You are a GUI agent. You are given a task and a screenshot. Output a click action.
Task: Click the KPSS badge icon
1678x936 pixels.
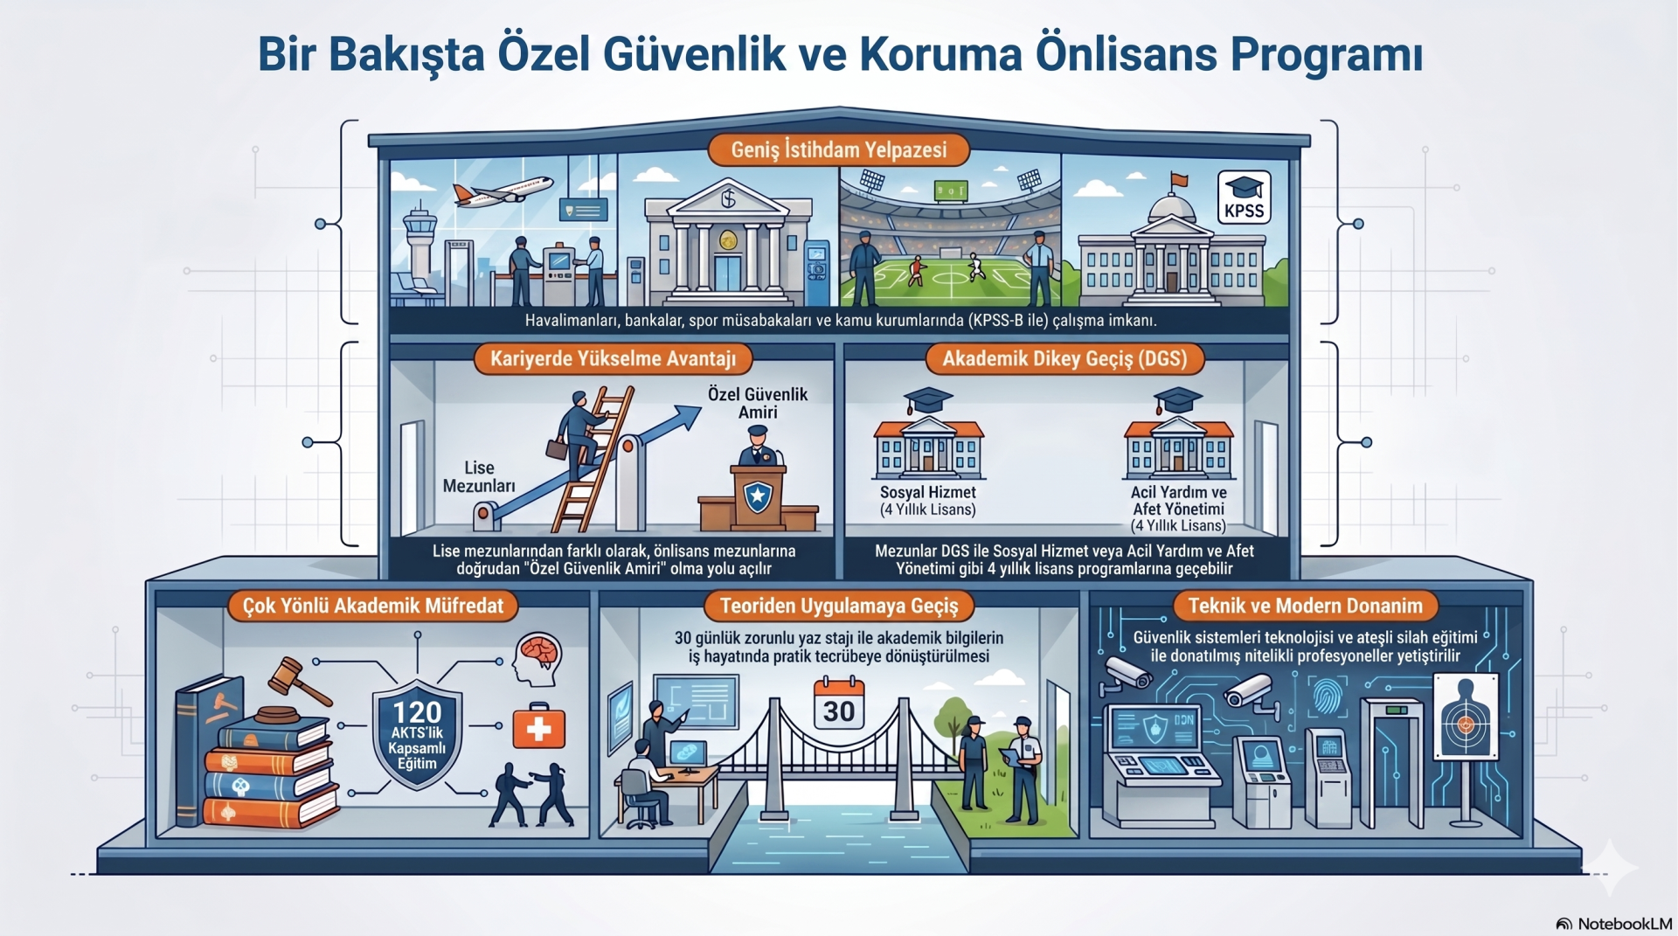(1244, 198)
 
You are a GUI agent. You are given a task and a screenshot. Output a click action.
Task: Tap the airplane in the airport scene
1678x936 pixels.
(503, 191)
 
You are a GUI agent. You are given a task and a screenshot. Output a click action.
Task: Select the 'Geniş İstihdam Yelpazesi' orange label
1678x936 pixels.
(839, 149)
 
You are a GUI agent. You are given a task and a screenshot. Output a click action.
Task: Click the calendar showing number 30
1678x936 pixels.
(839, 704)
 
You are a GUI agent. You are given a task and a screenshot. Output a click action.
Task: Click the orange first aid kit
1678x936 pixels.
(538, 726)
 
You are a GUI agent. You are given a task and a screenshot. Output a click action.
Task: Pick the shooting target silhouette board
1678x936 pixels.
(1466, 717)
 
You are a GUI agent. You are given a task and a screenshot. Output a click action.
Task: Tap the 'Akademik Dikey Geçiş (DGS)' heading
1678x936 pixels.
(1064, 358)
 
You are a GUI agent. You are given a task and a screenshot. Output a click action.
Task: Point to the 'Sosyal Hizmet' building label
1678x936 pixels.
(928, 492)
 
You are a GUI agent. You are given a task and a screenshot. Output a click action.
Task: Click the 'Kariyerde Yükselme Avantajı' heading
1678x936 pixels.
(613, 358)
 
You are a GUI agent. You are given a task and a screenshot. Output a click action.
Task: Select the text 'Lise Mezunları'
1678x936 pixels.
(479, 477)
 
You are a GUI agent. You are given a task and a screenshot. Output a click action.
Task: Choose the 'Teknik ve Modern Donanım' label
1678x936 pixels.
(1306, 606)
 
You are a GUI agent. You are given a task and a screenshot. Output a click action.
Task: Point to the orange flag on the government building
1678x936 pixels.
(1179, 180)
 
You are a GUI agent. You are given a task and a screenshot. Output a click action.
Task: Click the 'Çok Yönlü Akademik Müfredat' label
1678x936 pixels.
(373, 606)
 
